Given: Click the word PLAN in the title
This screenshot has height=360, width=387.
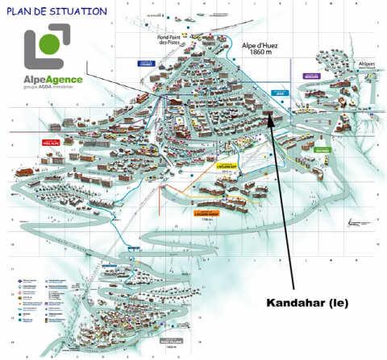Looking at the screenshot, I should point(22,11).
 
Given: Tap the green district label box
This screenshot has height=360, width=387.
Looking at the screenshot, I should point(322,149).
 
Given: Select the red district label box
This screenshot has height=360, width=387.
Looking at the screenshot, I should point(52,142).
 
